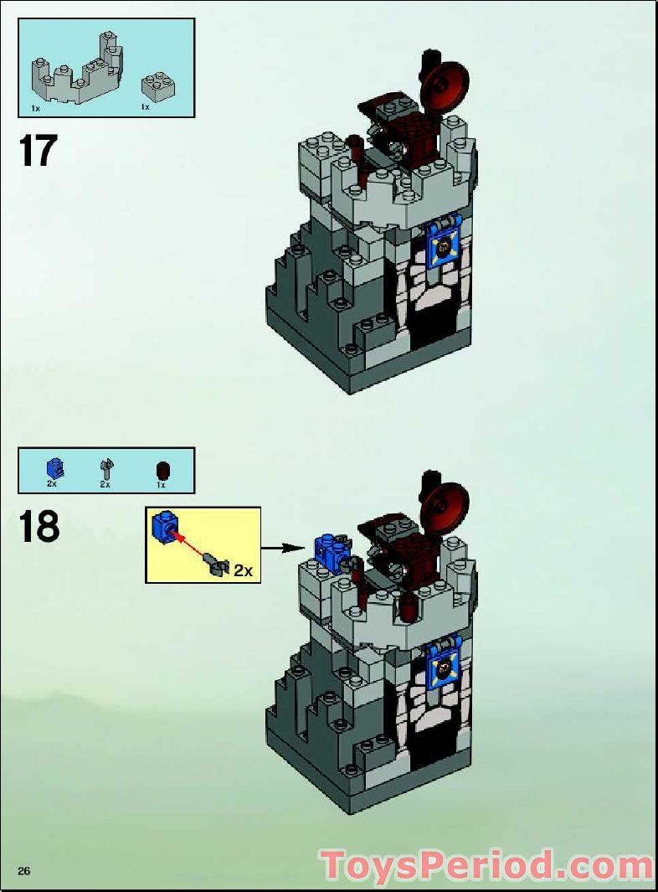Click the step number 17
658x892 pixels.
(38, 152)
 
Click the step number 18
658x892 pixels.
(39, 528)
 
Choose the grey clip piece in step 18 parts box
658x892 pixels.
(105, 468)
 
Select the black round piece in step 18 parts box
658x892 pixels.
(162, 469)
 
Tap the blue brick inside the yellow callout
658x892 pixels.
(163, 527)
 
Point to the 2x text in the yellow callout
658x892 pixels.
(243, 570)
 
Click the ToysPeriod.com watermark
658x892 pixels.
(486, 865)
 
